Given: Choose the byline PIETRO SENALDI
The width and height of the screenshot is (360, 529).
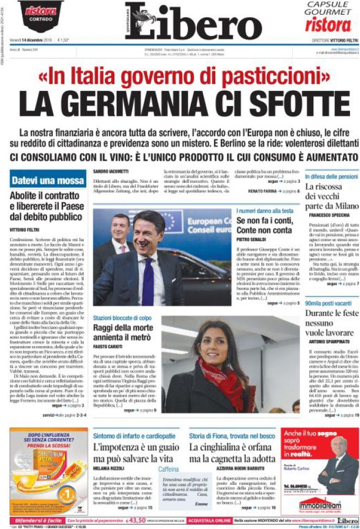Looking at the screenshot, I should tap(251, 239).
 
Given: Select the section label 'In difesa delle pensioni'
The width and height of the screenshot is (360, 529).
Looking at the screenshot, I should tap(331, 177).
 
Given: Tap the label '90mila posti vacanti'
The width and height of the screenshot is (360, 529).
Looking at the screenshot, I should tap(326, 303).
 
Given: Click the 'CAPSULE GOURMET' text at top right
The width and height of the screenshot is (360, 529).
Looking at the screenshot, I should tap(327, 8).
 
